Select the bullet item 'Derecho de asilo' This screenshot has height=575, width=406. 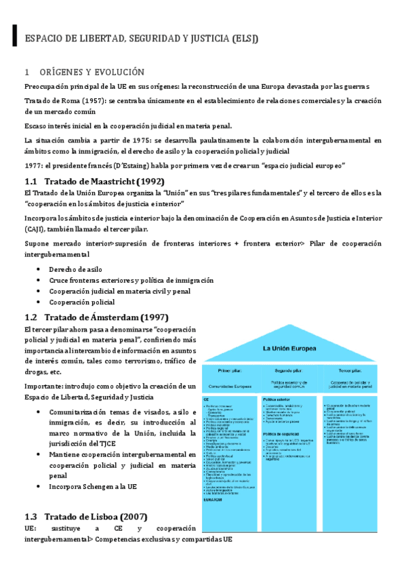pos(75,269)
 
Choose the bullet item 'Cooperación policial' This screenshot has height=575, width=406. pos(81,302)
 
